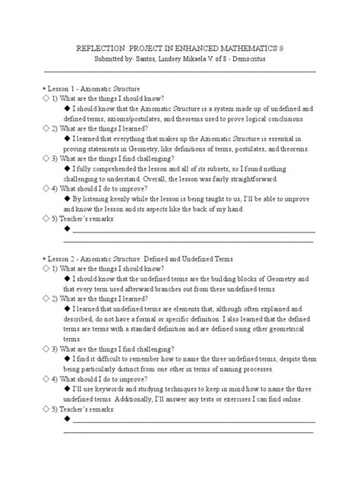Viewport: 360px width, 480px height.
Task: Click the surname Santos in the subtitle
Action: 156,58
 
